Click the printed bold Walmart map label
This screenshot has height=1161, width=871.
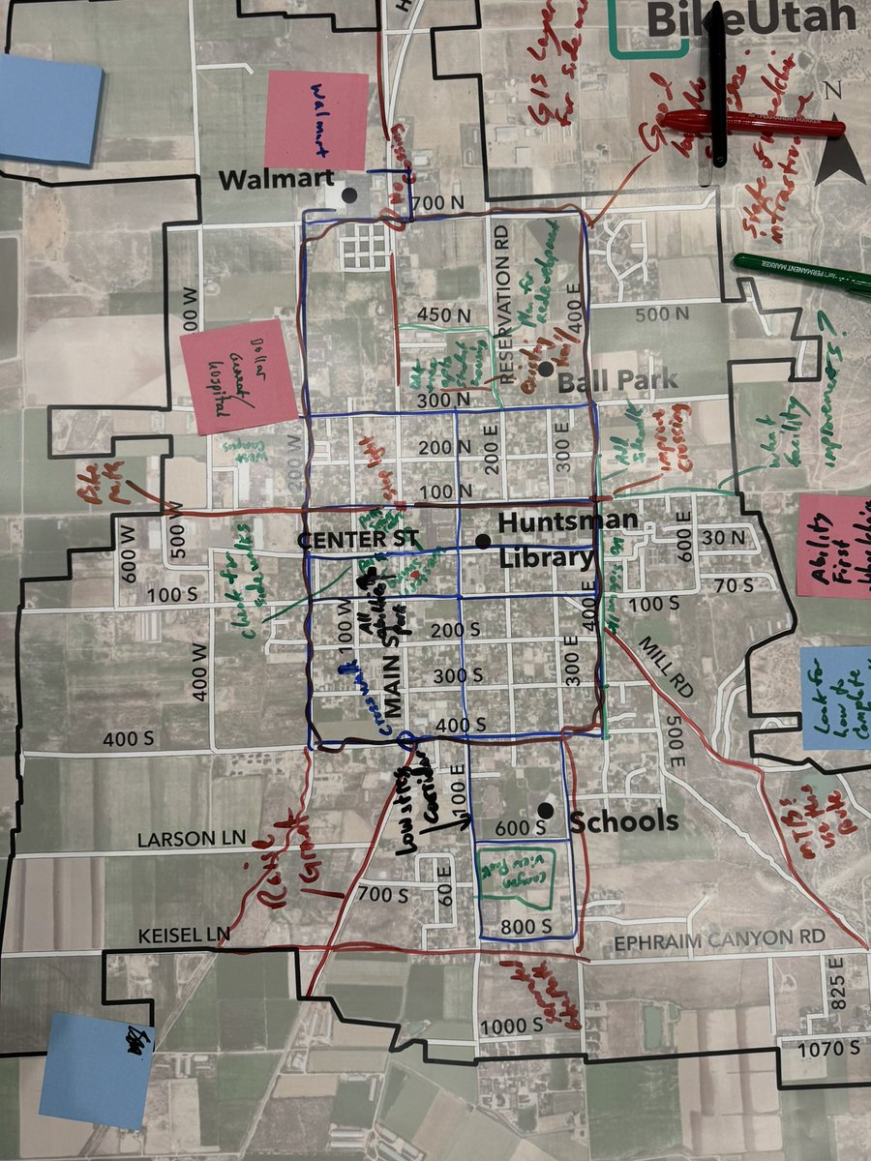(x=276, y=180)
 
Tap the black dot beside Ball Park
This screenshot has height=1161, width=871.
(x=546, y=369)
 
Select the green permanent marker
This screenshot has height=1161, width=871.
(x=803, y=274)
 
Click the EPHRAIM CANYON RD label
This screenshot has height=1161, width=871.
(x=720, y=938)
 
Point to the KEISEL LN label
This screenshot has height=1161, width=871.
(x=184, y=935)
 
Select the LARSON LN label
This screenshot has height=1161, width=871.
(x=193, y=838)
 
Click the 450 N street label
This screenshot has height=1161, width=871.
(x=442, y=314)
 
